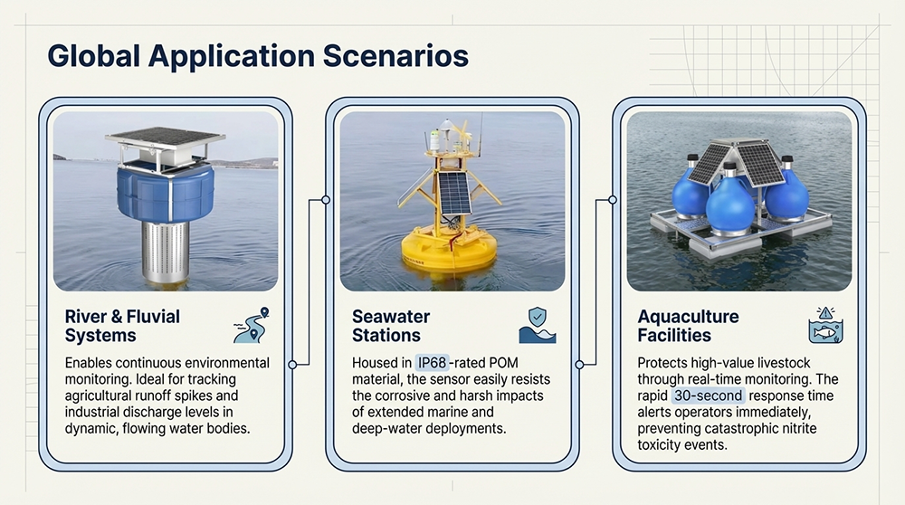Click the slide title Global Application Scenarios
point(257,56)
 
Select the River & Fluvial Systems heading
point(122,326)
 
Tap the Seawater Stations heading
point(390,326)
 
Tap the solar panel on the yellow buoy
point(452,193)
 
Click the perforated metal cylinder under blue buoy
point(166,249)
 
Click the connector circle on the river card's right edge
point(291,365)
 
